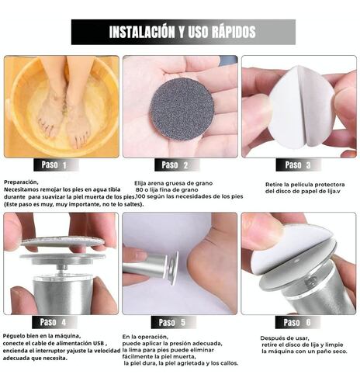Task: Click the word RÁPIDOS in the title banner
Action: pos(234,32)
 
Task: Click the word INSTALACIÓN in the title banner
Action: pos(142,32)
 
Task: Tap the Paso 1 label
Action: pos(54,165)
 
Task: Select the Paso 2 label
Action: pos(175,165)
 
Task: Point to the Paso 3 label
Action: pos(298,165)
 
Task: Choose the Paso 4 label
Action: pos(54,322)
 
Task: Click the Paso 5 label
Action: pos(172,322)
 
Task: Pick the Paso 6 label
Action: pos(297,322)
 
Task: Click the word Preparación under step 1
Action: pos(21,182)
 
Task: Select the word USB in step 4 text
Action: pos(99,344)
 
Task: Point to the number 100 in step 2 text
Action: pos(140,196)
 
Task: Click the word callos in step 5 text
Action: pos(229,363)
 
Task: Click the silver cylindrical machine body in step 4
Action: pos(63,295)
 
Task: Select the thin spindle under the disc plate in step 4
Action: pos(63,269)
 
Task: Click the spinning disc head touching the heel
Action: pos(172,268)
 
